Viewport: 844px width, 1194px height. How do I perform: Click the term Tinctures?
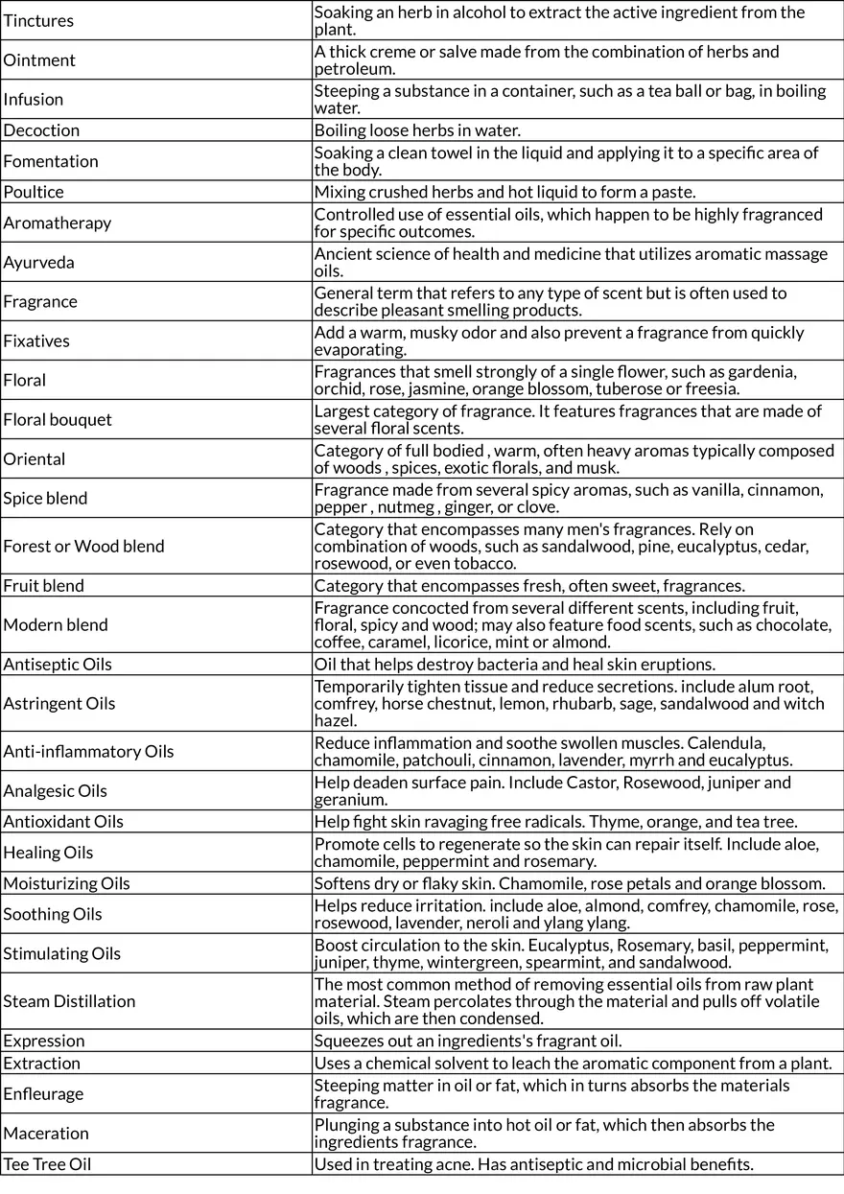[x=38, y=21]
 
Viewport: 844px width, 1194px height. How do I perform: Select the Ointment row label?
[x=39, y=60]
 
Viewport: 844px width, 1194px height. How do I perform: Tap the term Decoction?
[x=41, y=130]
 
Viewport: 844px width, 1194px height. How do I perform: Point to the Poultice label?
[x=34, y=192]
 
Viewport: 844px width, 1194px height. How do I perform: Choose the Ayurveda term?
[x=38, y=263]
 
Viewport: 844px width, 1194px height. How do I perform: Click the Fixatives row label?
[x=36, y=341]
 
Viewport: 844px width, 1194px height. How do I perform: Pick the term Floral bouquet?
[x=58, y=420]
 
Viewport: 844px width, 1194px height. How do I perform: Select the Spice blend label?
[x=45, y=499]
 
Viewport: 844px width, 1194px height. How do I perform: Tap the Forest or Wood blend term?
[x=83, y=547]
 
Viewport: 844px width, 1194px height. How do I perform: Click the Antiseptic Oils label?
[x=58, y=665]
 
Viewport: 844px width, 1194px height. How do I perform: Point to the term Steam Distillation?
[x=69, y=1002]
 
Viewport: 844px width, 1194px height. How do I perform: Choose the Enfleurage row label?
[x=43, y=1094]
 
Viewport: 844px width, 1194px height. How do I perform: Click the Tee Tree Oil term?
[x=47, y=1165]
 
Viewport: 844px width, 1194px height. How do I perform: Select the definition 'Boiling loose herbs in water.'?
[x=417, y=130]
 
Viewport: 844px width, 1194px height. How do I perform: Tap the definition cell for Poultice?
[x=505, y=192]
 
